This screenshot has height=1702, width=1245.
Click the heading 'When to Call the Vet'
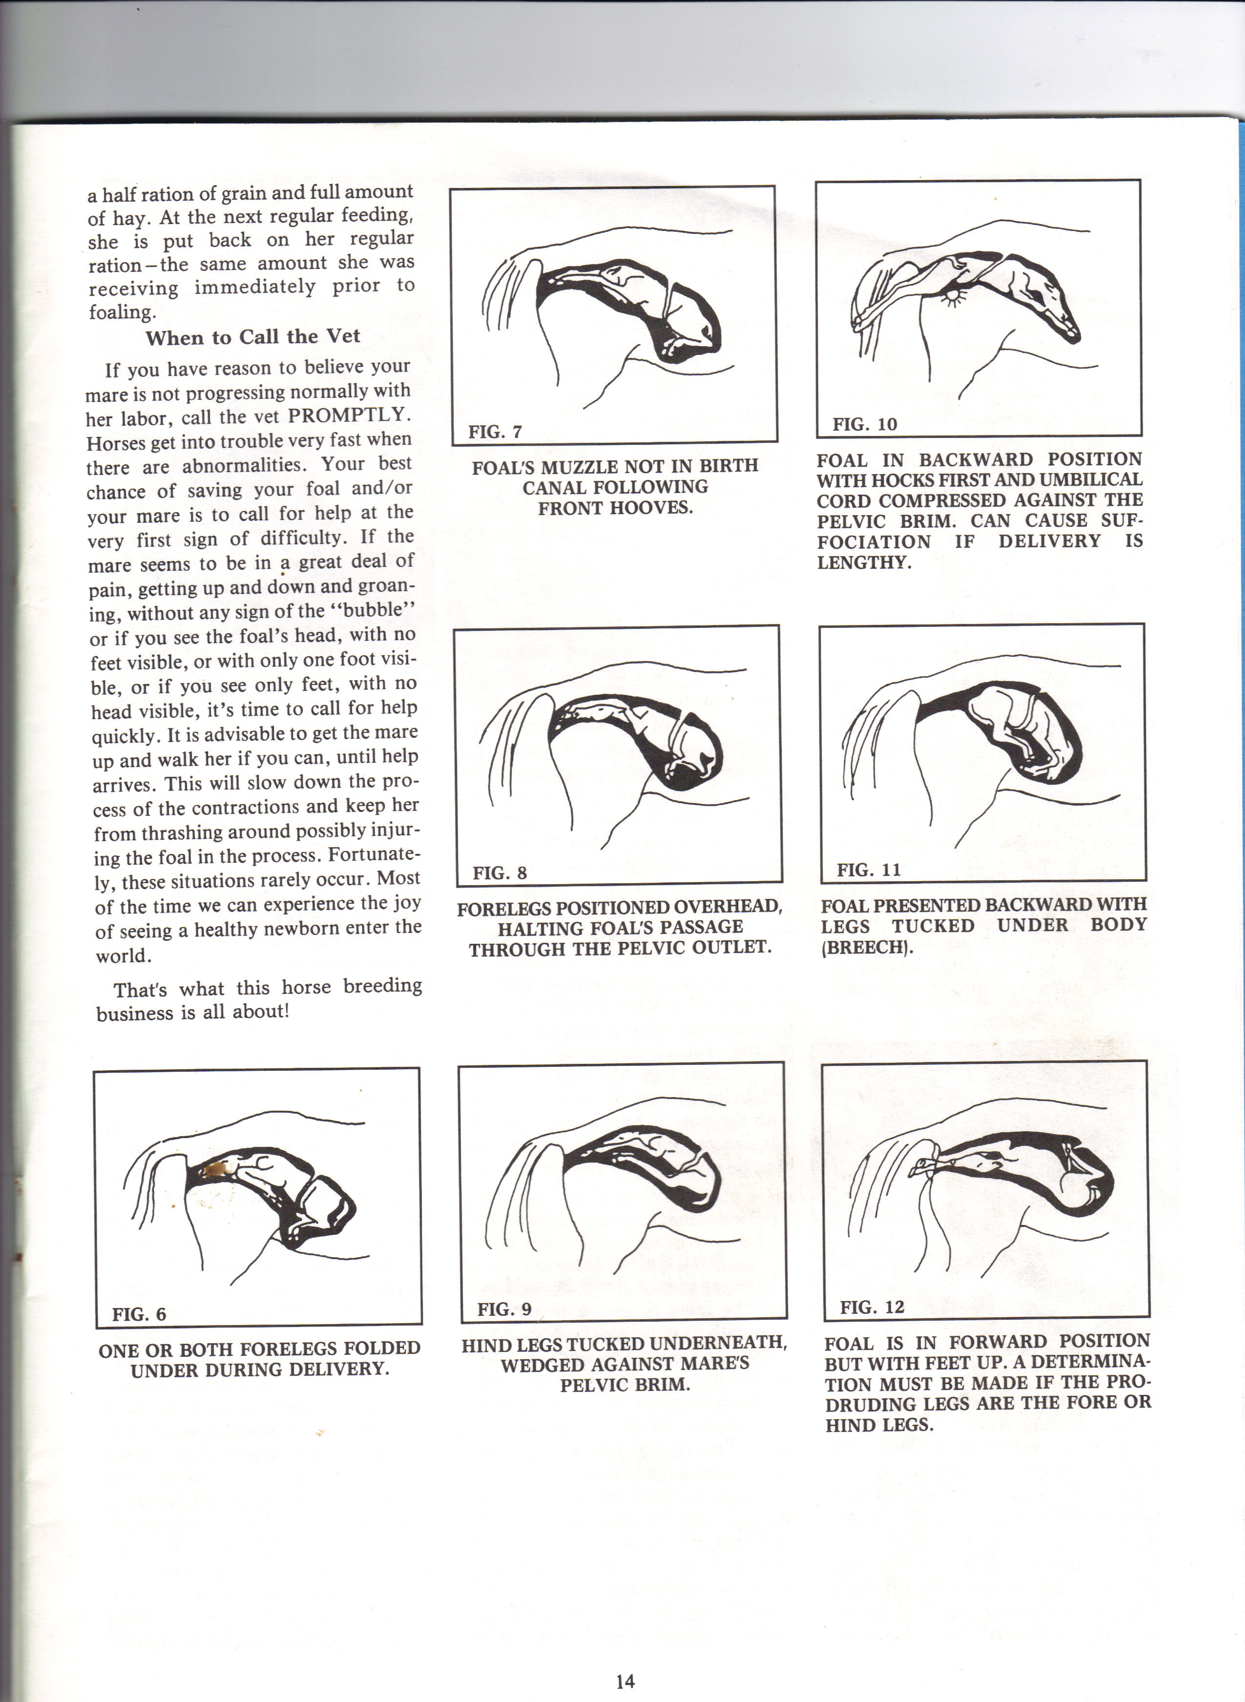pyautogui.click(x=253, y=337)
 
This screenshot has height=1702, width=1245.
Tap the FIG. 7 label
pyautogui.click(x=495, y=432)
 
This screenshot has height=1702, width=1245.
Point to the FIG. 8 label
pyautogui.click(x=499, y=873)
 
